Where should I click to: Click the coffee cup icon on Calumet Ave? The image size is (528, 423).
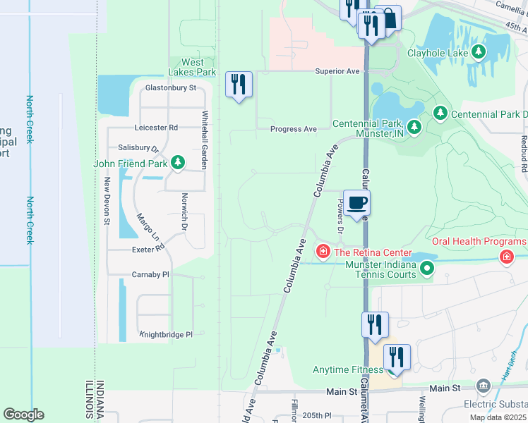356,203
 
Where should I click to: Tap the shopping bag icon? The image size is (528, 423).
388,18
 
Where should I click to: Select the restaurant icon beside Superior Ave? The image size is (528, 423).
239,85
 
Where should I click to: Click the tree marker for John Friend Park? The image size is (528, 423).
179,164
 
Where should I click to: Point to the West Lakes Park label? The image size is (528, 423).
192,67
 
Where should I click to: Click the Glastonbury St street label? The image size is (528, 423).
170,88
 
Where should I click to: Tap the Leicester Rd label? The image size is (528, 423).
156,128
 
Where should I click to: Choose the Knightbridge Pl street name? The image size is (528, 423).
166,335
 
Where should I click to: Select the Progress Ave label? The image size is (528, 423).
294,129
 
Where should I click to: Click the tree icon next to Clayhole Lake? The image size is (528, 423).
479,51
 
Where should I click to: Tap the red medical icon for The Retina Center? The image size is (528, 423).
323,252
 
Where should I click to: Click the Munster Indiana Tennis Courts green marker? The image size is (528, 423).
427,268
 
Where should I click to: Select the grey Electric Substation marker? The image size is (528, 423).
483,386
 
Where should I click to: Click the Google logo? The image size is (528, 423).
23,415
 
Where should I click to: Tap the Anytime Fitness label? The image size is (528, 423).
348,369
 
